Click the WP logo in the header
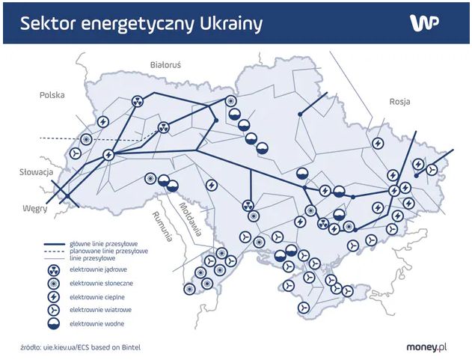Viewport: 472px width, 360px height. pyautogui.click(x=423, y=22)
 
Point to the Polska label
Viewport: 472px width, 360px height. pyautogui.click(x=52, y=95)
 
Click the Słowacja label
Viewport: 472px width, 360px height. pyautogui.click(x=35, y=172)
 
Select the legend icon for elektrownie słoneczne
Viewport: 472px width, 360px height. pyautogui.click(x=53, y=284)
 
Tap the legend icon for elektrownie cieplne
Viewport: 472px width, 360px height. pyautogui.click(x=53, y=297)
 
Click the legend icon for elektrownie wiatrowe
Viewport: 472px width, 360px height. pyautogui.click(x=53, y=310)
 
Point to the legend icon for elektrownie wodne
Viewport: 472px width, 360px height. pyautogui.click(x=53, y=323)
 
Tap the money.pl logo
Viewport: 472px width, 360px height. pyautogui.click(x=428, y=347)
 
